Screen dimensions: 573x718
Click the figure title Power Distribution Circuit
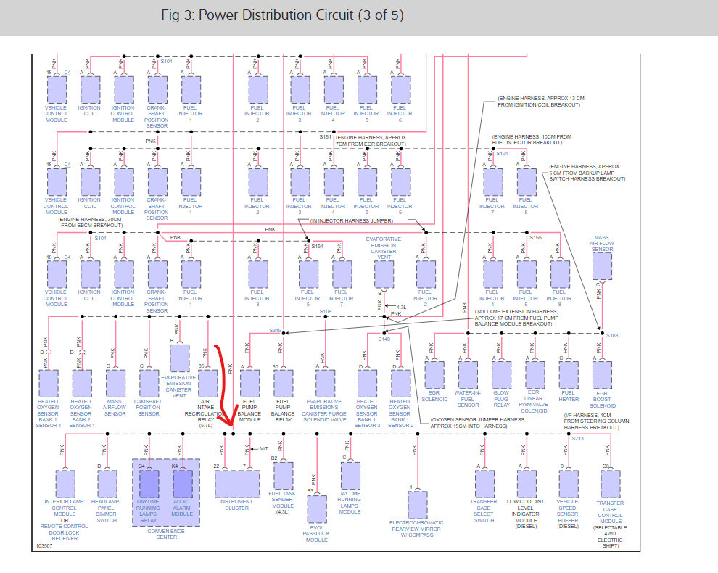284,15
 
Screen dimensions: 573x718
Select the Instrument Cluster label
236,505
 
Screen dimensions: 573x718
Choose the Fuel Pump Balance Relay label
283,411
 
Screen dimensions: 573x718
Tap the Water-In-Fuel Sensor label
468,400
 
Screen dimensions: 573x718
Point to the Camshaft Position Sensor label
148,408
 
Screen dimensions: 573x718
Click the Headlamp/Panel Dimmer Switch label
107,511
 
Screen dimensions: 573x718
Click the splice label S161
325,136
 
